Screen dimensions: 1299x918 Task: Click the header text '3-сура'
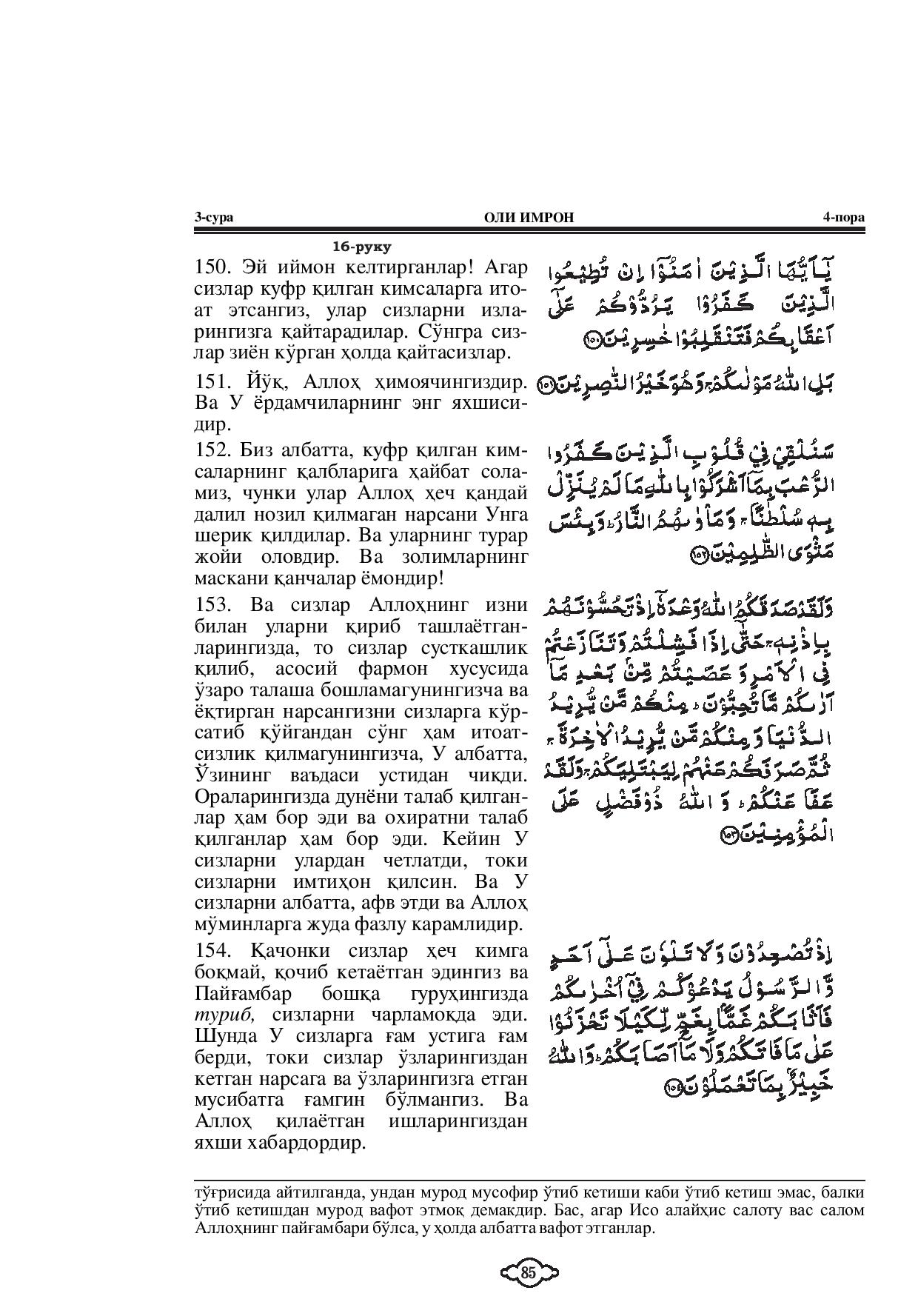[x=213, y=217]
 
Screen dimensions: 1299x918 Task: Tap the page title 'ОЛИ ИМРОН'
[x=528, y=217]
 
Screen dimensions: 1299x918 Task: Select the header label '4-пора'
[x=843, y=217]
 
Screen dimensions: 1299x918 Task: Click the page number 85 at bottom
[x=528, y=1273]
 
